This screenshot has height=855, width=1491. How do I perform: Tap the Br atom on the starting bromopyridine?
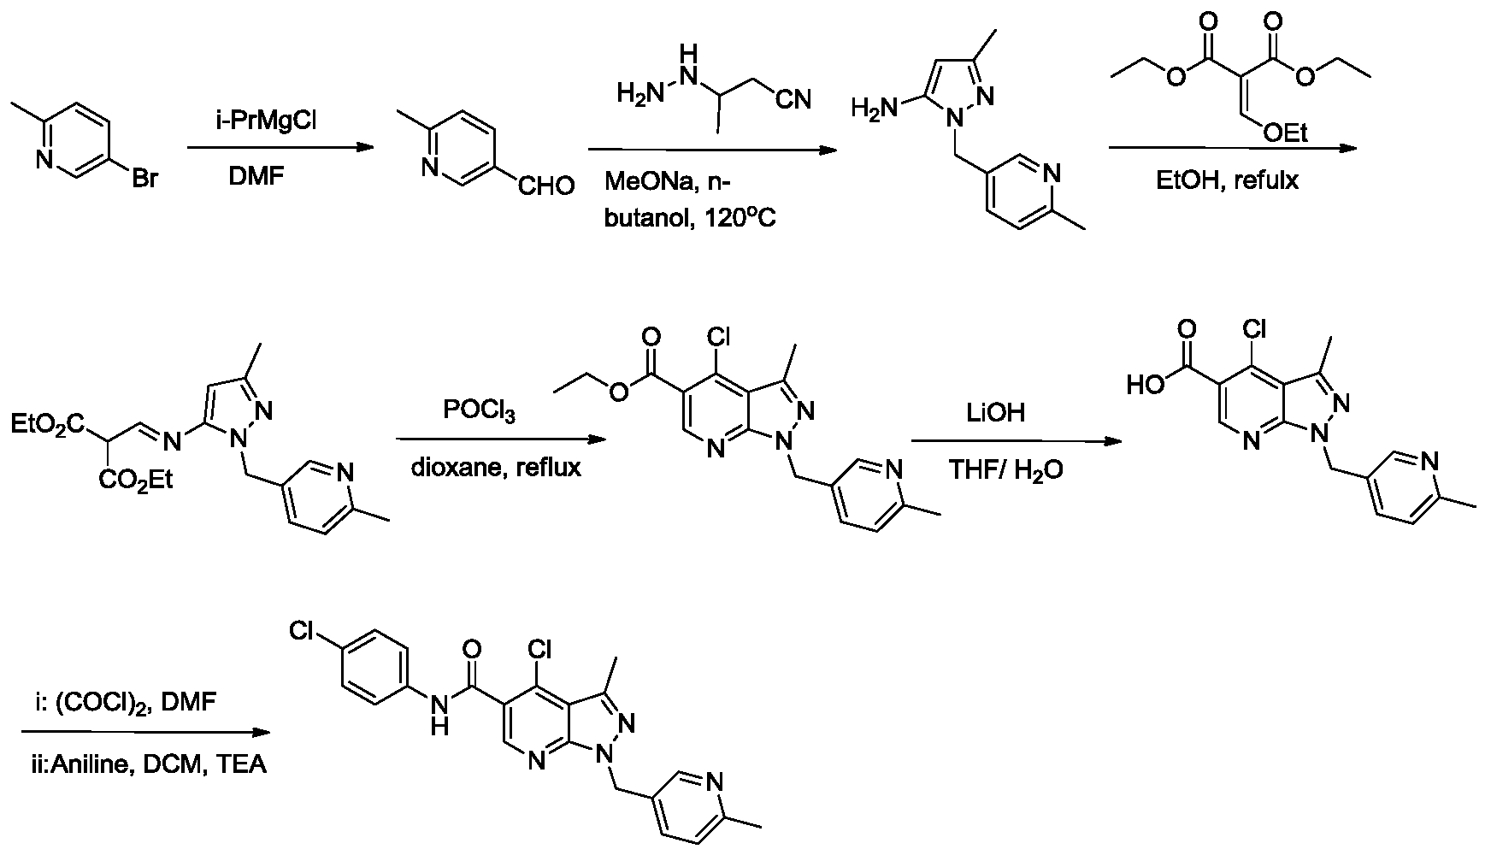(145, 181)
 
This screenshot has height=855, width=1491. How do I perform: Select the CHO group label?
(545, 186)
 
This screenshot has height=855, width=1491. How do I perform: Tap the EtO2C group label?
(49, 424)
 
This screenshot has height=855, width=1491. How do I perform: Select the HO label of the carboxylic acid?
(1146, 386)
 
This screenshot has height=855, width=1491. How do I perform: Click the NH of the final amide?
(440, 716)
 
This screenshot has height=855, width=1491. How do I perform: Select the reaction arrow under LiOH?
(1016, 441)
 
